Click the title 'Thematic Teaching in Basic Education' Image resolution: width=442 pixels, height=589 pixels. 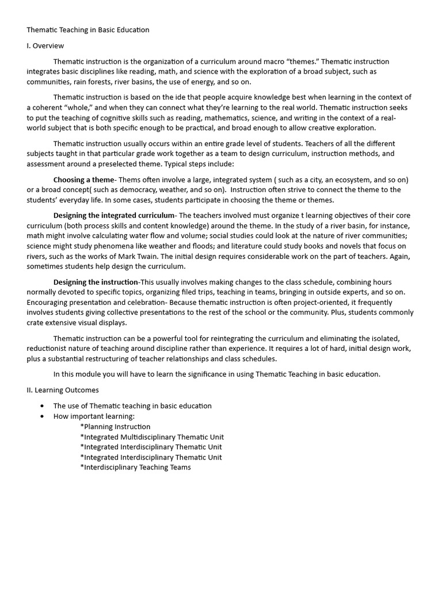(87, 30)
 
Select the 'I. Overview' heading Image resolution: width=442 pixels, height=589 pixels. (45, 45)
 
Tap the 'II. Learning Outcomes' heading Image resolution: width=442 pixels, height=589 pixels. (63, 390)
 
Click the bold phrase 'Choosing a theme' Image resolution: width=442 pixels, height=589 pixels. (84, 179)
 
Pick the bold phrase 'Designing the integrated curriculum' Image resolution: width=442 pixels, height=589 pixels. (114, 215)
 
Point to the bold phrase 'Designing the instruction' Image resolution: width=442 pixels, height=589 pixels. (96, 282)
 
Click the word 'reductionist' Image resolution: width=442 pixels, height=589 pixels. (48, 349)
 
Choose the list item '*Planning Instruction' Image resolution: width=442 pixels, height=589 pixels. (115, 427)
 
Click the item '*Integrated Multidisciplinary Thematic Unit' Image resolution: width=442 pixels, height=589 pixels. (152, 437)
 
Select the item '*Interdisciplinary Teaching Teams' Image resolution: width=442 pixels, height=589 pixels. (135, 468)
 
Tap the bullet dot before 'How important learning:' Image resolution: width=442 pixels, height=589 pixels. (42, 416)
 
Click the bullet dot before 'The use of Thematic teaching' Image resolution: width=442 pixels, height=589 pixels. (42, 406)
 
